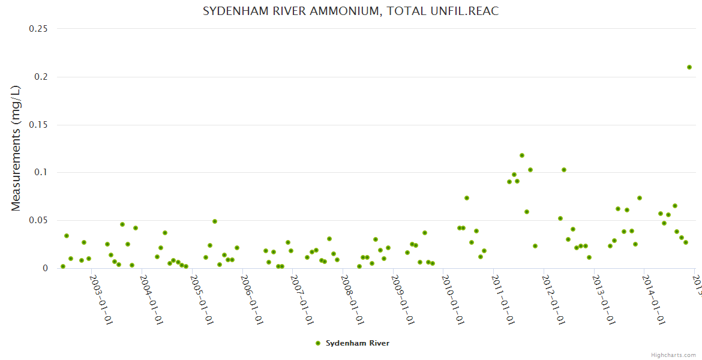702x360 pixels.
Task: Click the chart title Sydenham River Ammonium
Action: tap(351, 11)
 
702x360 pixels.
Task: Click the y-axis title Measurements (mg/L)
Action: tap(16, 148)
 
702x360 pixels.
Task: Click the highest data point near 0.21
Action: tap(689, 67)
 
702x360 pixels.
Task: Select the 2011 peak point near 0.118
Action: tap(522, 155)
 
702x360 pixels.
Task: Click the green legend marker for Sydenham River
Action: tap(318, 343)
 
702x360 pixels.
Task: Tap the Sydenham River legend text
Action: tap(358, 343)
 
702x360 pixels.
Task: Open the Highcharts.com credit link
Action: tap(674, 355)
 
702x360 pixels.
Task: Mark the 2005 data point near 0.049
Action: tap(215, 221)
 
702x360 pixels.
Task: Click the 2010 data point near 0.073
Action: tap(467, 198)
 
